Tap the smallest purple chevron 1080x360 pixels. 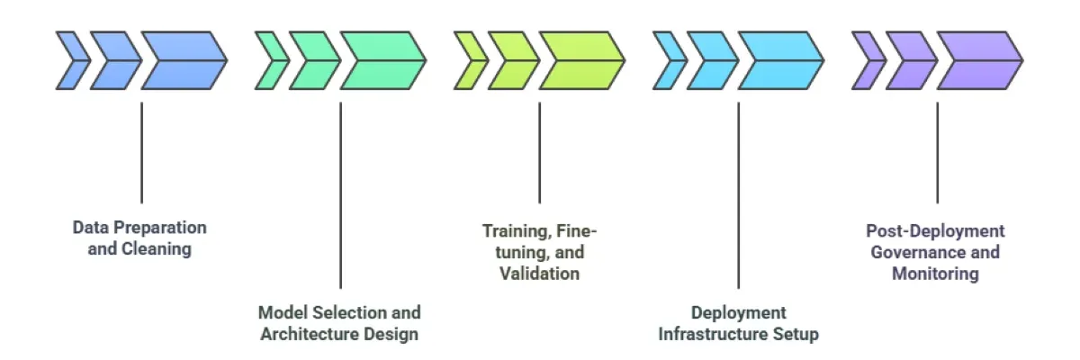point(868,61)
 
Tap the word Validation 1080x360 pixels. point(539,274)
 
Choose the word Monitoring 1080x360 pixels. point(935,274)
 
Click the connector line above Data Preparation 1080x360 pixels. point(141,153)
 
